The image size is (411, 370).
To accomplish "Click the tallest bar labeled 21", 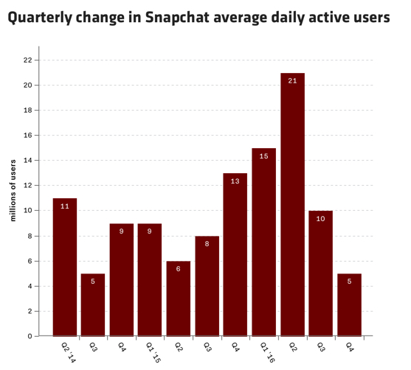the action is point(292,204).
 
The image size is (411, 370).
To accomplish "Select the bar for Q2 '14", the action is point(65,267).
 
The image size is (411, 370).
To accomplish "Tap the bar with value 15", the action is point(264,242).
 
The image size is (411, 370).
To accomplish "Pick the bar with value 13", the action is point(235,254).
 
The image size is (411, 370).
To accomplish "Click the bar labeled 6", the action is point(179,299).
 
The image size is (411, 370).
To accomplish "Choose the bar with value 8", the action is point(207,286).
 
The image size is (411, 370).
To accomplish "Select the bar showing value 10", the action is point(320,273).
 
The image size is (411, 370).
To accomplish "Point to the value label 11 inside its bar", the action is point(65,206).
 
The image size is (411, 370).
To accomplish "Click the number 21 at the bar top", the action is point(292,81).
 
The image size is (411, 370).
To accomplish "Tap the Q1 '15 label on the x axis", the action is point(153,352).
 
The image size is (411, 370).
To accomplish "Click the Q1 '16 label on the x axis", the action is point(267,352).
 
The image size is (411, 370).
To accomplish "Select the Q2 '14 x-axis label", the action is point(69,352).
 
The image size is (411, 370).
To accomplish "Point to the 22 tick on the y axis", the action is point(27,60).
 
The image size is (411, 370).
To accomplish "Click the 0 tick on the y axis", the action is point(30,336).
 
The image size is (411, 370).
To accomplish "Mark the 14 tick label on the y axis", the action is point(27,160).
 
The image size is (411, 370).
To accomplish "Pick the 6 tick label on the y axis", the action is point(30,261).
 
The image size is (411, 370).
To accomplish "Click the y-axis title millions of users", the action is point(13,190).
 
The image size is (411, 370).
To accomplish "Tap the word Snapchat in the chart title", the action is point(177,18).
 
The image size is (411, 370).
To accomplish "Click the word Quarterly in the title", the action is point(40,18).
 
